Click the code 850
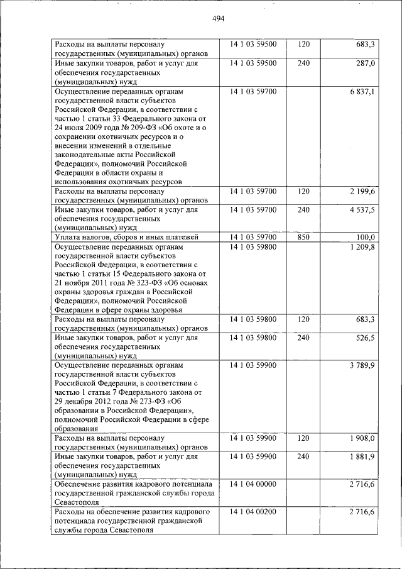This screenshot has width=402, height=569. [x=303, y=237]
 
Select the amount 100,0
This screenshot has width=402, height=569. [x=364, y=237]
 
